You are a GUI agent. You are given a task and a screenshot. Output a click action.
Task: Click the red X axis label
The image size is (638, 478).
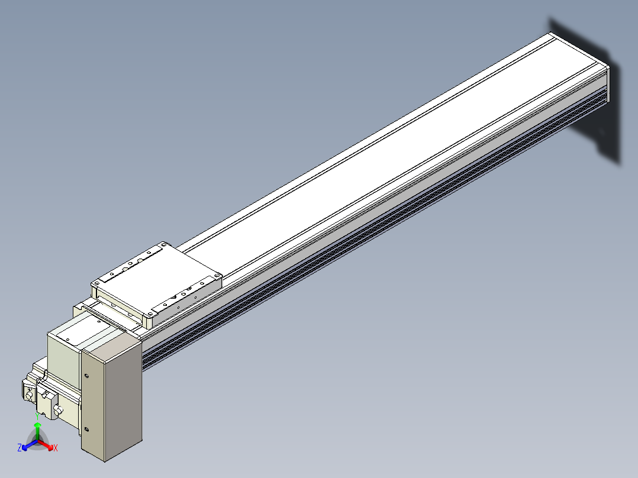56,448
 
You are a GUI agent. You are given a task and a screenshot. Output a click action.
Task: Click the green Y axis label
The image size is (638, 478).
37,416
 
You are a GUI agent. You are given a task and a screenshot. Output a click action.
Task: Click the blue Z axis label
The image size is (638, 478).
20,447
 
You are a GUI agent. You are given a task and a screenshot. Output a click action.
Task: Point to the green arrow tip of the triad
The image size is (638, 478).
37,424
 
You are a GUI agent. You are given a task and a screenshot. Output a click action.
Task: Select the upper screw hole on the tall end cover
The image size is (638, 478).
86,376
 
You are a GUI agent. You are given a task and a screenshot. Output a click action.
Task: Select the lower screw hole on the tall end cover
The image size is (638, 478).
86,429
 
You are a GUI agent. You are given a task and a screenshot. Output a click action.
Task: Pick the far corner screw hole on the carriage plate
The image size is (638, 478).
163,245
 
